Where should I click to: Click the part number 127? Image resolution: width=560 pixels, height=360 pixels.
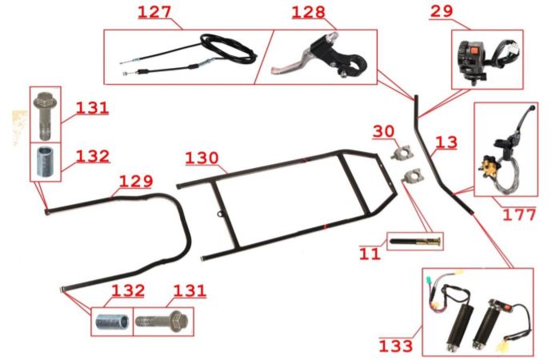[x=154, y=12]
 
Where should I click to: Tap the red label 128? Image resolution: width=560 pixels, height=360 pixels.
[x=309, y=12]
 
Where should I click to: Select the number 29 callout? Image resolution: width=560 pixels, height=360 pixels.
[x=442, y=11]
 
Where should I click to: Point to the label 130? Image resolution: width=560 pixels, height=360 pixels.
[x=202, y=158]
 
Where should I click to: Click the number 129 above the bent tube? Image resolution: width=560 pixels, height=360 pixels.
[x=136, y=182]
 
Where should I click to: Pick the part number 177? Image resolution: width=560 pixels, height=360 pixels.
[x=519, y=214]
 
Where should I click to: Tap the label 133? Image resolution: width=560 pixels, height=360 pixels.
[x=396, y=346]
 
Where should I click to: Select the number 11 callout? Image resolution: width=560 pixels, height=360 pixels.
[x=370, y=254]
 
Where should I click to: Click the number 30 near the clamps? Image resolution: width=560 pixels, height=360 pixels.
[x=383, y=131]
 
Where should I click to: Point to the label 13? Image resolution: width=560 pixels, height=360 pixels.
[x=446, y=142]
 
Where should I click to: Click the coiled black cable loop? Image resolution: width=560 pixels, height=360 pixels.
[x=229, y=48]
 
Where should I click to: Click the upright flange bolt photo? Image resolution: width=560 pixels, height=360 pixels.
[x=45, y=115]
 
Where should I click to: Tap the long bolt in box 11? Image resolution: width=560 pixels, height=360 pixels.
[x=415, y=242]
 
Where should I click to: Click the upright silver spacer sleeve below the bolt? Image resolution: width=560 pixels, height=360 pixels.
[x=46, y=162]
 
